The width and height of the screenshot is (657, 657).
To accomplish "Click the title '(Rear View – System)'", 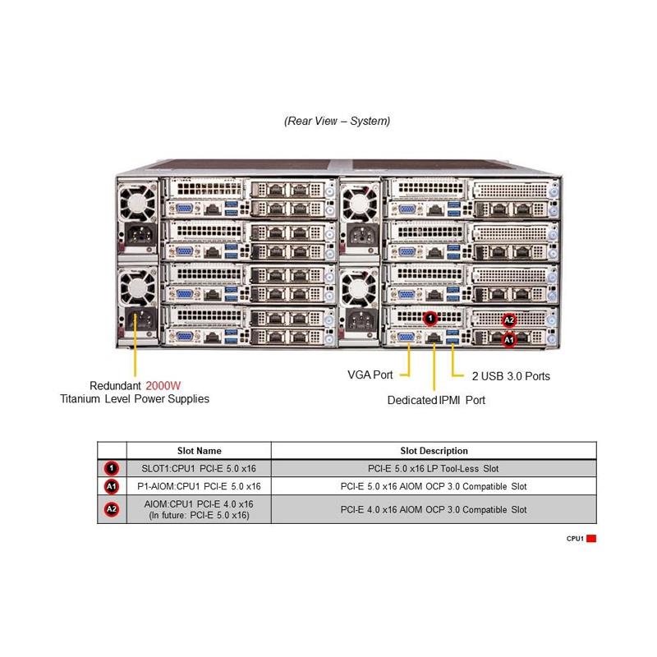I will tap(337, 121).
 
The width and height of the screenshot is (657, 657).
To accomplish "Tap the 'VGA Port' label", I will tap(371, 375).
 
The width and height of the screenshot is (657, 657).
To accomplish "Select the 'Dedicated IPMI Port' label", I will tap(436, 401).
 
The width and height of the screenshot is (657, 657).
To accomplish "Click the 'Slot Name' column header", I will tap(199, 451).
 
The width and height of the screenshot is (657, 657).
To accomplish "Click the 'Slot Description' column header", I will tap(434, 451).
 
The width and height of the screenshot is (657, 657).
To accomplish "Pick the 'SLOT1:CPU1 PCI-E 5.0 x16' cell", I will tap(199, 469).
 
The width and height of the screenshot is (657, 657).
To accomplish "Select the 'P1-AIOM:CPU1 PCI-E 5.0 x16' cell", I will tap(199, 486).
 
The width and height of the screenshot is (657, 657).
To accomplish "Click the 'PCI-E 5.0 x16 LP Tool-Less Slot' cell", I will tap(434, 469).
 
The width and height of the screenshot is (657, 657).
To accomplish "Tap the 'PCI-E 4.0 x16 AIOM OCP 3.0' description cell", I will tap(434, 509).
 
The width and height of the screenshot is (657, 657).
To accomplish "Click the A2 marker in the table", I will tap(112, 509).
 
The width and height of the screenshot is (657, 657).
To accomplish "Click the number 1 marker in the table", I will tap(112, 469).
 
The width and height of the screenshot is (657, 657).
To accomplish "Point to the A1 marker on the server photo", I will tap(508, 338).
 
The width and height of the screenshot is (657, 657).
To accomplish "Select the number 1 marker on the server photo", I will tap(430, 317).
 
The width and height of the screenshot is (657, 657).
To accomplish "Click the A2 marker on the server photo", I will tap(508, 320).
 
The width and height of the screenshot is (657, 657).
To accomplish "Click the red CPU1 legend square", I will tap(591, 539).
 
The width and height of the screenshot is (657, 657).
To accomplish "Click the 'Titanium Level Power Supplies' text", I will tap(135, 399).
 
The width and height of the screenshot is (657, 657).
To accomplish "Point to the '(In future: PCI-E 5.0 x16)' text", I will tap(199, 515).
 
